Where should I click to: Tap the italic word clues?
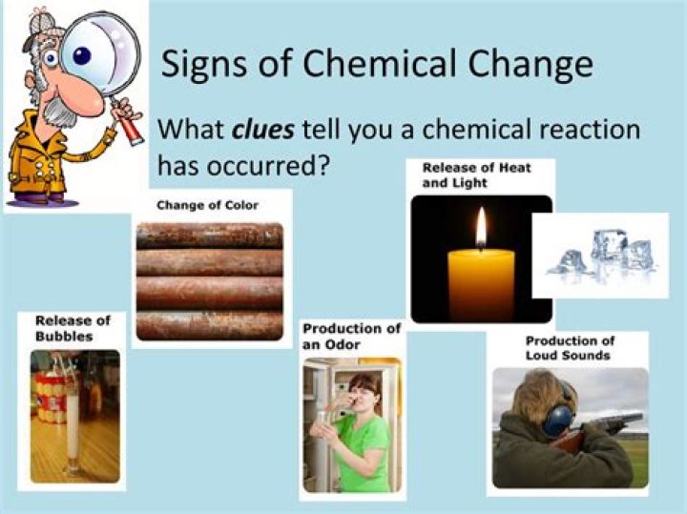(262, 128)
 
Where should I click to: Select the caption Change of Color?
(208, 205)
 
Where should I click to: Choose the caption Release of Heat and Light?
(476, 175)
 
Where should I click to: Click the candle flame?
(481, 229)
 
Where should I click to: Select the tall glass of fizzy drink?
(72, 421)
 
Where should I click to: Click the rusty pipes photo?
(209, 280)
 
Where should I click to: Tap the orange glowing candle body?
(481, 281)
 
